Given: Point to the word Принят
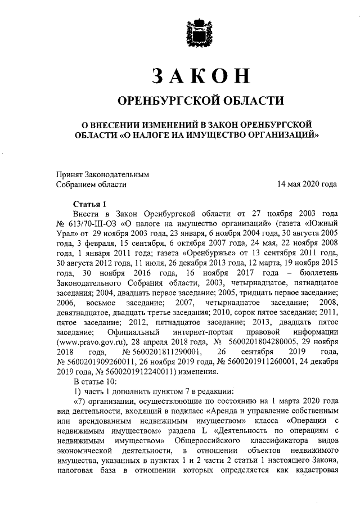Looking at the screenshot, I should tap(69, 174).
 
